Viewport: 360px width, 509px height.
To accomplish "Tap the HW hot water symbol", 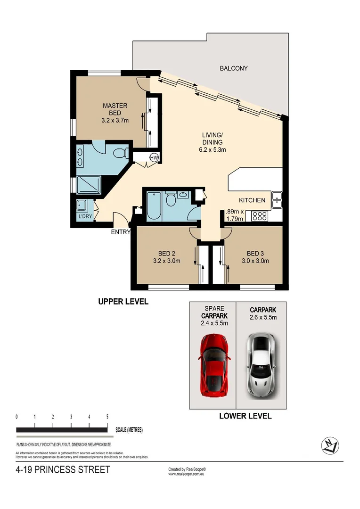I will [154, 157].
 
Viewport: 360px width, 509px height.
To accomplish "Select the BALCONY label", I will [234, 68].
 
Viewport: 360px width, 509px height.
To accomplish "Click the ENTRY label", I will [120, 232].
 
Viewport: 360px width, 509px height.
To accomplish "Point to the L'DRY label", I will [85, 217].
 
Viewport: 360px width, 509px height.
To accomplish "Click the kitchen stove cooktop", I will [260, 216].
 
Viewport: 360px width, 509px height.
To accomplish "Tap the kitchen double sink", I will [277, 200].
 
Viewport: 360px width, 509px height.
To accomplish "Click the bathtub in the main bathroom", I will [154, 206].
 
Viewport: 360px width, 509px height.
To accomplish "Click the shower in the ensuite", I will [88, 185].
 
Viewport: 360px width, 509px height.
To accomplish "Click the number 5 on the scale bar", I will [107, 417].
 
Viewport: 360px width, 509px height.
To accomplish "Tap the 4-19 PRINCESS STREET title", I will [63, 470].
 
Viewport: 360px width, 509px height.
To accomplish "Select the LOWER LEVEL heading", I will [245, 416].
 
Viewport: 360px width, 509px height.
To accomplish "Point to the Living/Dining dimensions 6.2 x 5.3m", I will [213, 150].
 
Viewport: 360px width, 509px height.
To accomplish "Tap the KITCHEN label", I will [252, 200].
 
